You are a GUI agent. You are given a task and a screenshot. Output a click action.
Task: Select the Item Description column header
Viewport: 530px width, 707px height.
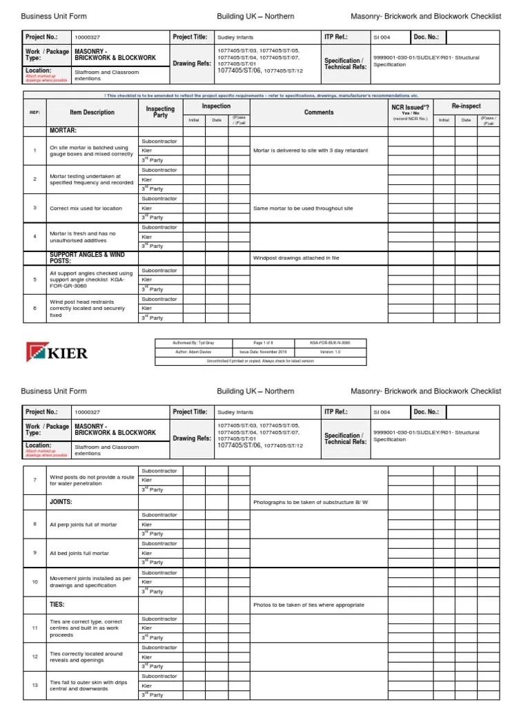click(92, 113)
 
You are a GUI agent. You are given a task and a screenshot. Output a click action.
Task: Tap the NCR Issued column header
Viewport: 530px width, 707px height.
click(410, 108)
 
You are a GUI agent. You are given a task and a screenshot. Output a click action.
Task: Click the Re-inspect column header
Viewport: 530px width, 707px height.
click(466, 106)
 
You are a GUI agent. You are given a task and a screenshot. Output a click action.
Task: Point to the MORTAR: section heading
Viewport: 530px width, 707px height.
click(63, 130)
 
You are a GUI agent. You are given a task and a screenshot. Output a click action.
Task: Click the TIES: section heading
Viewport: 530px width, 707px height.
click(57, 605)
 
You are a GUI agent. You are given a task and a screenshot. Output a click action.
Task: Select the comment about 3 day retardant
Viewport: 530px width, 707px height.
click(311, 150)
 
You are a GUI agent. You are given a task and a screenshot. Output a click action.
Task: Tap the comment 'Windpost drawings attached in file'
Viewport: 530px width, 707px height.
click(296, 258)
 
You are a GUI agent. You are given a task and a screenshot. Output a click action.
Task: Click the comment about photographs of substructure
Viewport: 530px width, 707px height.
click(311, 502)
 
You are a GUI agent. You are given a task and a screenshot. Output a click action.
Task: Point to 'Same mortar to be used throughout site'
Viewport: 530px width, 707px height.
click(303, 208)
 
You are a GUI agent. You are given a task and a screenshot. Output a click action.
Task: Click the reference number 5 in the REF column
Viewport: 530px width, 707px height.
click(35, 280)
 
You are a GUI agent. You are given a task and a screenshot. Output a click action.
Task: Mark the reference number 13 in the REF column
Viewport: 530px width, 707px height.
click(35, 686)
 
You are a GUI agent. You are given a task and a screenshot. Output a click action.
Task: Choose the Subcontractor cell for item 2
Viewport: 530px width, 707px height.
click(159, 170)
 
